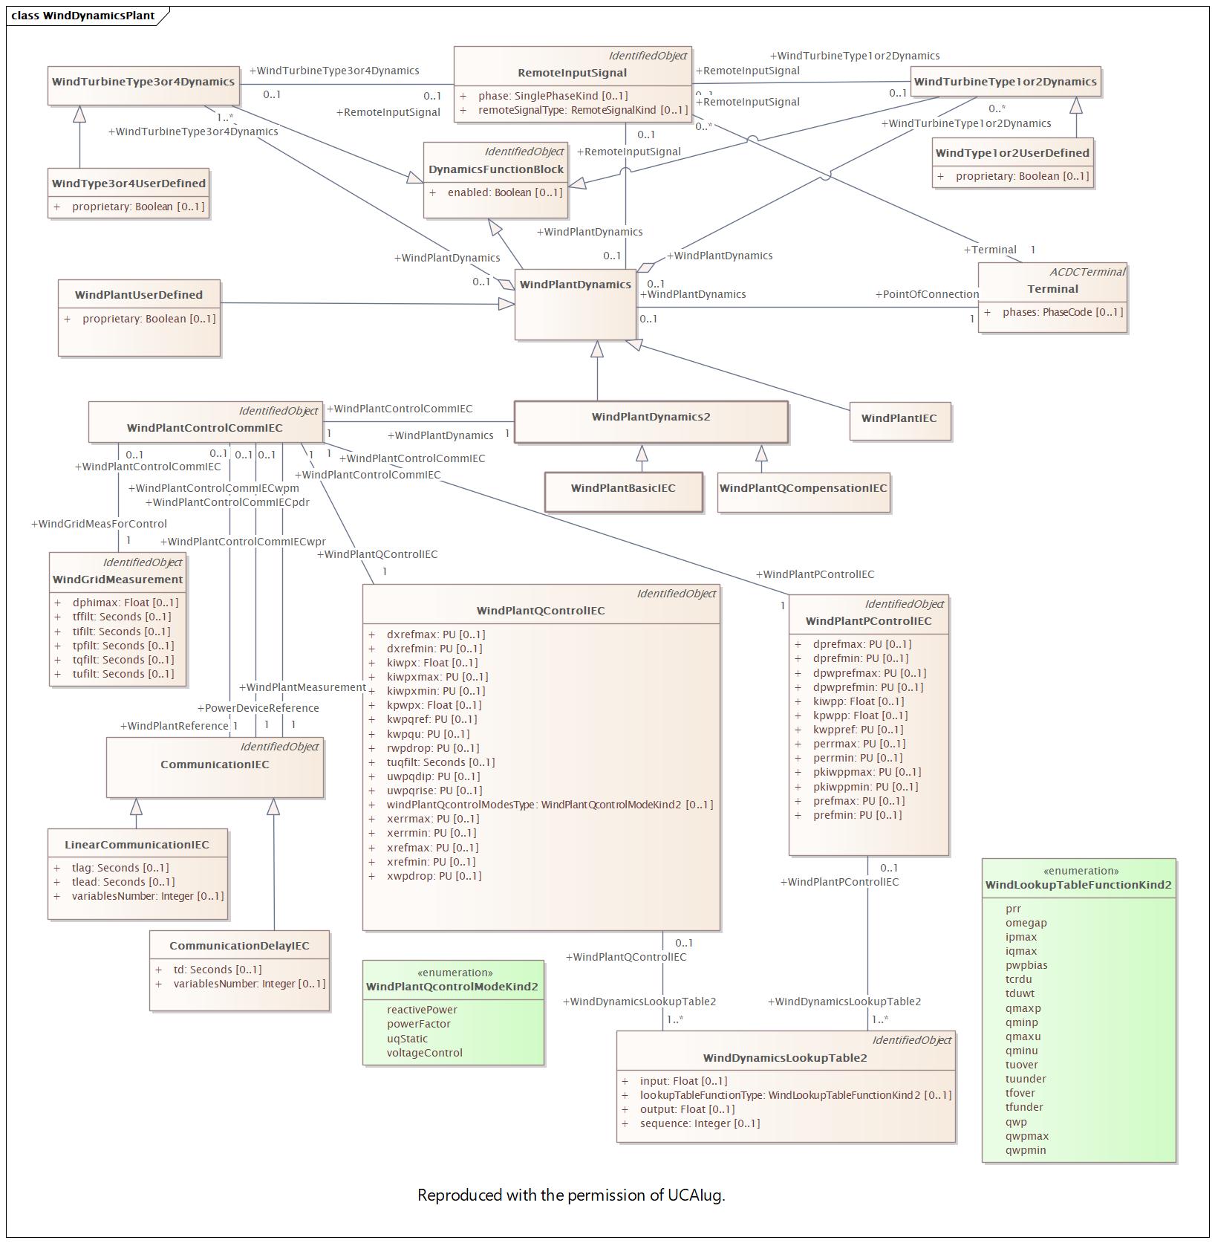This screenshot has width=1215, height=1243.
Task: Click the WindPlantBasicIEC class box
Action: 623,491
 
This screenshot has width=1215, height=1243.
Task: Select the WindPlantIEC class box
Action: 899,421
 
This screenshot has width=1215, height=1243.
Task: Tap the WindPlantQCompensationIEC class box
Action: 804,492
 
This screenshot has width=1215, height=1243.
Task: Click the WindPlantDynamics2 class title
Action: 651,417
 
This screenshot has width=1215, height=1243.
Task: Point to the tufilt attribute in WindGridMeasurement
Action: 123,674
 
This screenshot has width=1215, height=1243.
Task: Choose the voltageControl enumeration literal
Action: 424,1053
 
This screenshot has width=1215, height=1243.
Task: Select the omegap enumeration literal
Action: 1026,923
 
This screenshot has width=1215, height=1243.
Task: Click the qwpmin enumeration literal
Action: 1026,1150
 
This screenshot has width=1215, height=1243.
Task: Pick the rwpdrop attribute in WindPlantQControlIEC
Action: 433,748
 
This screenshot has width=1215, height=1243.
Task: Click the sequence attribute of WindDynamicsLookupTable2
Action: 700,1123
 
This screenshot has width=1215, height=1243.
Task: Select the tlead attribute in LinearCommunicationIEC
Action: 123,882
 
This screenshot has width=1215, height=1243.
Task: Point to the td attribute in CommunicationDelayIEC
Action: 218,970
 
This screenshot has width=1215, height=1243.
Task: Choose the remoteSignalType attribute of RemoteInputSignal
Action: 583,110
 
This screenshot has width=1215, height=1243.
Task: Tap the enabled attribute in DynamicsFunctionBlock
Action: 505,192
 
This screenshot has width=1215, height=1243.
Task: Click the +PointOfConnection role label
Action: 927,294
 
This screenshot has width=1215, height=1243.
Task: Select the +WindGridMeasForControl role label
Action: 99,524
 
